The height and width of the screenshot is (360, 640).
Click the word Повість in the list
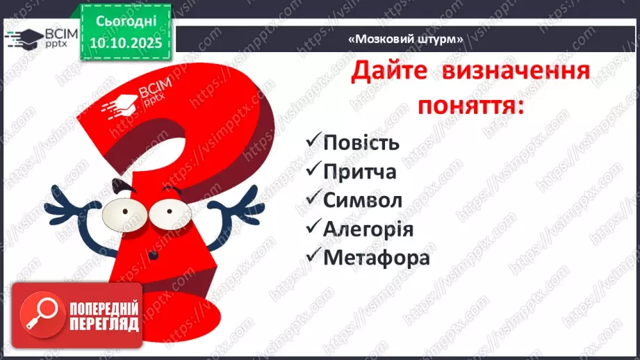[x=361, y=143]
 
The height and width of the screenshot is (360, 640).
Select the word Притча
[x=360, y=172]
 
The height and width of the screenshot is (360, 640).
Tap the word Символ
[x=363, y=200]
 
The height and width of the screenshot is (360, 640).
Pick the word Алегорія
[x=368, y=229]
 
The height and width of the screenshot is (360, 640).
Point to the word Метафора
[x=377, y=257]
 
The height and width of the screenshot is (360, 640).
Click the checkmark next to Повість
[x=313, y=142]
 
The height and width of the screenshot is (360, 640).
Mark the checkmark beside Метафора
[x=313, y=256]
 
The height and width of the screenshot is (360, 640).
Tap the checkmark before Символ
[x=313, y=199]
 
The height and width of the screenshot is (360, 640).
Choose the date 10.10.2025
[x=126, y=42]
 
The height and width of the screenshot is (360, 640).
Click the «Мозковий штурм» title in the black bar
[x=405, y=39]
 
